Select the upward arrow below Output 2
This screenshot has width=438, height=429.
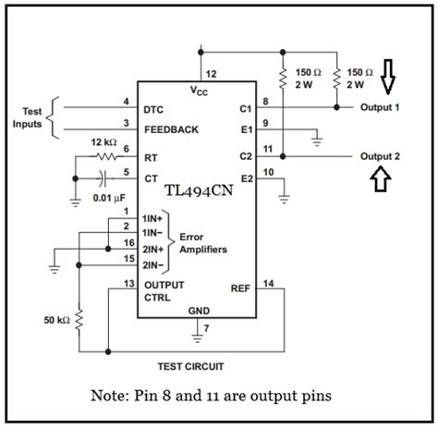[376, 180]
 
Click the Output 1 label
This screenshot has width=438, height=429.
[380, 106]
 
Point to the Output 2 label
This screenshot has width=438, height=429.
[380, 156]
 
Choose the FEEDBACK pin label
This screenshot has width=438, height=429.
[171, 129]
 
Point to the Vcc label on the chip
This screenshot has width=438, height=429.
[200, 91]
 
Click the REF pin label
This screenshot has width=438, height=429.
[240, 287]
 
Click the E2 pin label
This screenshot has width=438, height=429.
[246, 177]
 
